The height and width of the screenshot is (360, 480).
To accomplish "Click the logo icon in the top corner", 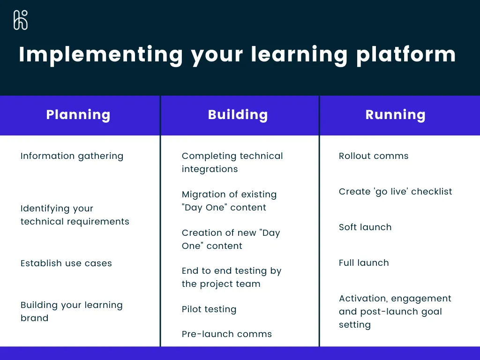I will (x=21, y=20).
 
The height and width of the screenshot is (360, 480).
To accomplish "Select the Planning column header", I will (x=78, y=115).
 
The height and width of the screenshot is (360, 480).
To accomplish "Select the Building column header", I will (x=238, y=115).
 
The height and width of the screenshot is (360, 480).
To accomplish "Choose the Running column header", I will (x=395, y=115).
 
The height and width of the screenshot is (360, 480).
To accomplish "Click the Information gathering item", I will (x=72, y=156).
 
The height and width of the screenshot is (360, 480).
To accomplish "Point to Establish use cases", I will (x=66, y=263).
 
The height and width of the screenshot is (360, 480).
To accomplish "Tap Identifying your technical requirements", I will (x=75, y=215).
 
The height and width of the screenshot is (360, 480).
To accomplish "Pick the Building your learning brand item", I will (x=71, y=311).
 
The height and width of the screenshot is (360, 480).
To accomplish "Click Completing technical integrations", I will (x=232, y=162).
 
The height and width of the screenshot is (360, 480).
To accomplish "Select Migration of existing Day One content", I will (x=229, y=201).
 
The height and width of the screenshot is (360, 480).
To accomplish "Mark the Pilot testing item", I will (x=209, y=309).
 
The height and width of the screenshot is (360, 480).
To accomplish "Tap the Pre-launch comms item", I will (x=227, y=334).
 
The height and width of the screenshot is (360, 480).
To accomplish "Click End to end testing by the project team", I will (x=231, y=277).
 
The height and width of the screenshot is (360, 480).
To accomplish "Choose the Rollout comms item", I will (x=374, y=156).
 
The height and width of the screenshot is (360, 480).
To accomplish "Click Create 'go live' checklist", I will (x=395, y=191).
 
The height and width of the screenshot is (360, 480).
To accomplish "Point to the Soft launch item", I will (x=365, y=227).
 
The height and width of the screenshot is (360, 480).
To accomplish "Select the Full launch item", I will (x=364, y=263).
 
